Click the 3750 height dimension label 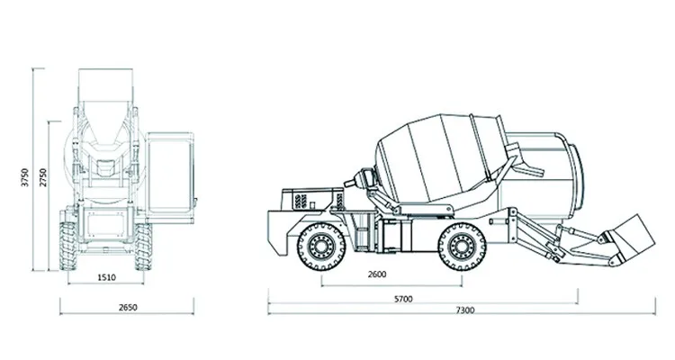pos(25,177)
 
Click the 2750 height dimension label pos(43,177)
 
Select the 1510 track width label pos(106,278)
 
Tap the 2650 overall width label pos(128,308)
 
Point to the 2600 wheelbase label pos(377,274)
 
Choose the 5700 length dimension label pos(403,299)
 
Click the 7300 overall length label pos(465,310)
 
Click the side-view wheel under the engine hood pos(321,247)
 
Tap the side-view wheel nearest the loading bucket pos(462,247)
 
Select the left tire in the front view pos(68,246)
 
